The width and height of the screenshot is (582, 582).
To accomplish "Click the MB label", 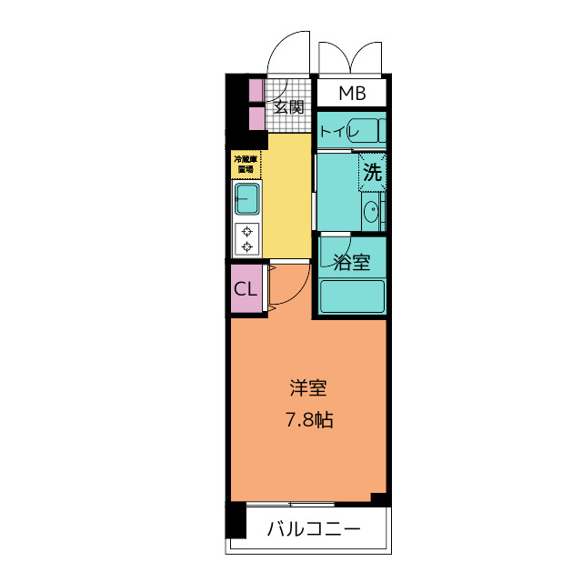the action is click(x=352, y=93).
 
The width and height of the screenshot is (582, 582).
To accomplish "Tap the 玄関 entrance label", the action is click(x=289, y=107).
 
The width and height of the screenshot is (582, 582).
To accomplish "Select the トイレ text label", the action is click(x=339, y=131).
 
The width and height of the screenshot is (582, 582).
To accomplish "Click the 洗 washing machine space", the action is click(x=372, y=172).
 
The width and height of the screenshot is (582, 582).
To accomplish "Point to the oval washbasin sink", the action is click(x=370, y=212).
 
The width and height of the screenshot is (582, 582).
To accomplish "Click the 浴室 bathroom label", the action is click(x=352, y=262).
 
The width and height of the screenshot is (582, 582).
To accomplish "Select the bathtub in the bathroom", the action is click(x=352, y=296).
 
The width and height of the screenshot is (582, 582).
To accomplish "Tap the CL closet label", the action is click(x=246, y=288).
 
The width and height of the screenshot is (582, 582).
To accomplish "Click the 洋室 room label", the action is click(x=308, y=388).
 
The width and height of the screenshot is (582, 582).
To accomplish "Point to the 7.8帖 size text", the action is click(x=309, y=420).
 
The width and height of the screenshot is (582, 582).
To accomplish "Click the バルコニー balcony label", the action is click(x=314, y=529).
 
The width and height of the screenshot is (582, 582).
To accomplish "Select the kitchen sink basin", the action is click(x=247, y=199).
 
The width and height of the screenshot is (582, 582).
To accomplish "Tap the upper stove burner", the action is click(x=247, y=232).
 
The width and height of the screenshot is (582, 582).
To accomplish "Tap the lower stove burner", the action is click(x=247, y=246).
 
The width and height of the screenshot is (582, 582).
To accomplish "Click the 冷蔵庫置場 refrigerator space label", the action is click(x=246, y=165).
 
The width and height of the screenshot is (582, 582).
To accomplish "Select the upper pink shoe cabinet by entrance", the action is click(x=256, y=90).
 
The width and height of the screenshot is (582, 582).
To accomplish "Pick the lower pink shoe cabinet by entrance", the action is click(x=256, y=118).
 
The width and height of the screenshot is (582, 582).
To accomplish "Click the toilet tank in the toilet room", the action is click(x=382, y=131).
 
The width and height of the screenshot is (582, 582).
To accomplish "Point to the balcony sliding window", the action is click(x=290, y=504).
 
